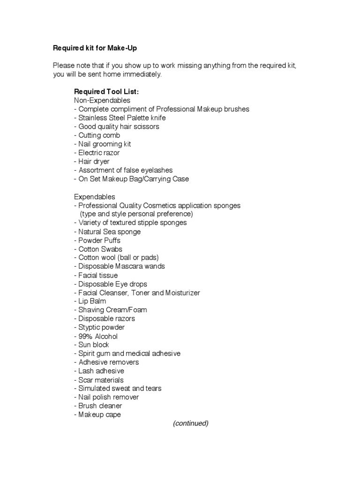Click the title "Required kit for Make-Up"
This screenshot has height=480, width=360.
click(x=95, y=48)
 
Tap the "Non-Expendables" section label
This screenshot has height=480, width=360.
click(x=102, y=100)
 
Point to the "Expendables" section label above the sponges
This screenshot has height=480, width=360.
click(x=94, y=196)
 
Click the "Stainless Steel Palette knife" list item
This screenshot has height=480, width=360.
click(x=120, y=118)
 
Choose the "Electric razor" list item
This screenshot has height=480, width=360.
click(x=97, y=153)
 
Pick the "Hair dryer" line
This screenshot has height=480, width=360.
click(x=92, y=161)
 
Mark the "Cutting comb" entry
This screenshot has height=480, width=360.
click(x=97, y=135)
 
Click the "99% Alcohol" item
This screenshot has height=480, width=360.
click(x=96, y=336)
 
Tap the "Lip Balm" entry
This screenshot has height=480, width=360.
click(x=90, y=301)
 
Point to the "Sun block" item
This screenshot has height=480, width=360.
click(x=92, y=345)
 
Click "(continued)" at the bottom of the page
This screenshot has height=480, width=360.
click(x=190, y=423)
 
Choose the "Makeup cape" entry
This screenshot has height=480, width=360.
click(x=97, y=414)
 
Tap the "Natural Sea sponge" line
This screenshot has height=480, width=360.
click(x=107, y=232)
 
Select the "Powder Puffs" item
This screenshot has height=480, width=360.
click(x=97, y=240)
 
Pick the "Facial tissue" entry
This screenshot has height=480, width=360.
click(x=96, y=275)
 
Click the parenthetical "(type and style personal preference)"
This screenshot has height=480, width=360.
click(x=136, y=214)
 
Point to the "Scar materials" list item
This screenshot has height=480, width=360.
click(x=98, y=380)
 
